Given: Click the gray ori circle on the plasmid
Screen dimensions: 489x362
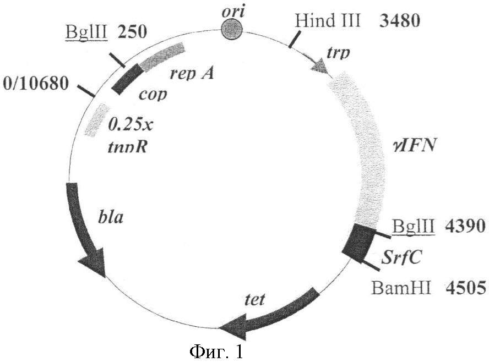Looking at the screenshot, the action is click(232, 30).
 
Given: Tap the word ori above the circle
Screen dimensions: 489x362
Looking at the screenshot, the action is click(233, 12).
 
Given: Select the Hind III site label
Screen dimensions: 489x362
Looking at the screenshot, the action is click(328, 21).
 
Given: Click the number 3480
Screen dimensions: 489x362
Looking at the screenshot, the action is click(400, 21).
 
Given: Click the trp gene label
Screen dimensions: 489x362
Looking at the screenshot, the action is click(338, 53).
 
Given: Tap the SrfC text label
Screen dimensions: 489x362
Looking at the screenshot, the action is click(401, 257).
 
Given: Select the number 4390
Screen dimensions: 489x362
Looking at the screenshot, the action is click(465, 226).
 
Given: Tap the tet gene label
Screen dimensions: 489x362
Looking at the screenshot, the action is click(255, 300).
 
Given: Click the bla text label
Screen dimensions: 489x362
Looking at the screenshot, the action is click(111, 217).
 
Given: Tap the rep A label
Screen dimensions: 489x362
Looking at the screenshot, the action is click(192, 74).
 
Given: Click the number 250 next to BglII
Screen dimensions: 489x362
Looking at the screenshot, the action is click(132, 32).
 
